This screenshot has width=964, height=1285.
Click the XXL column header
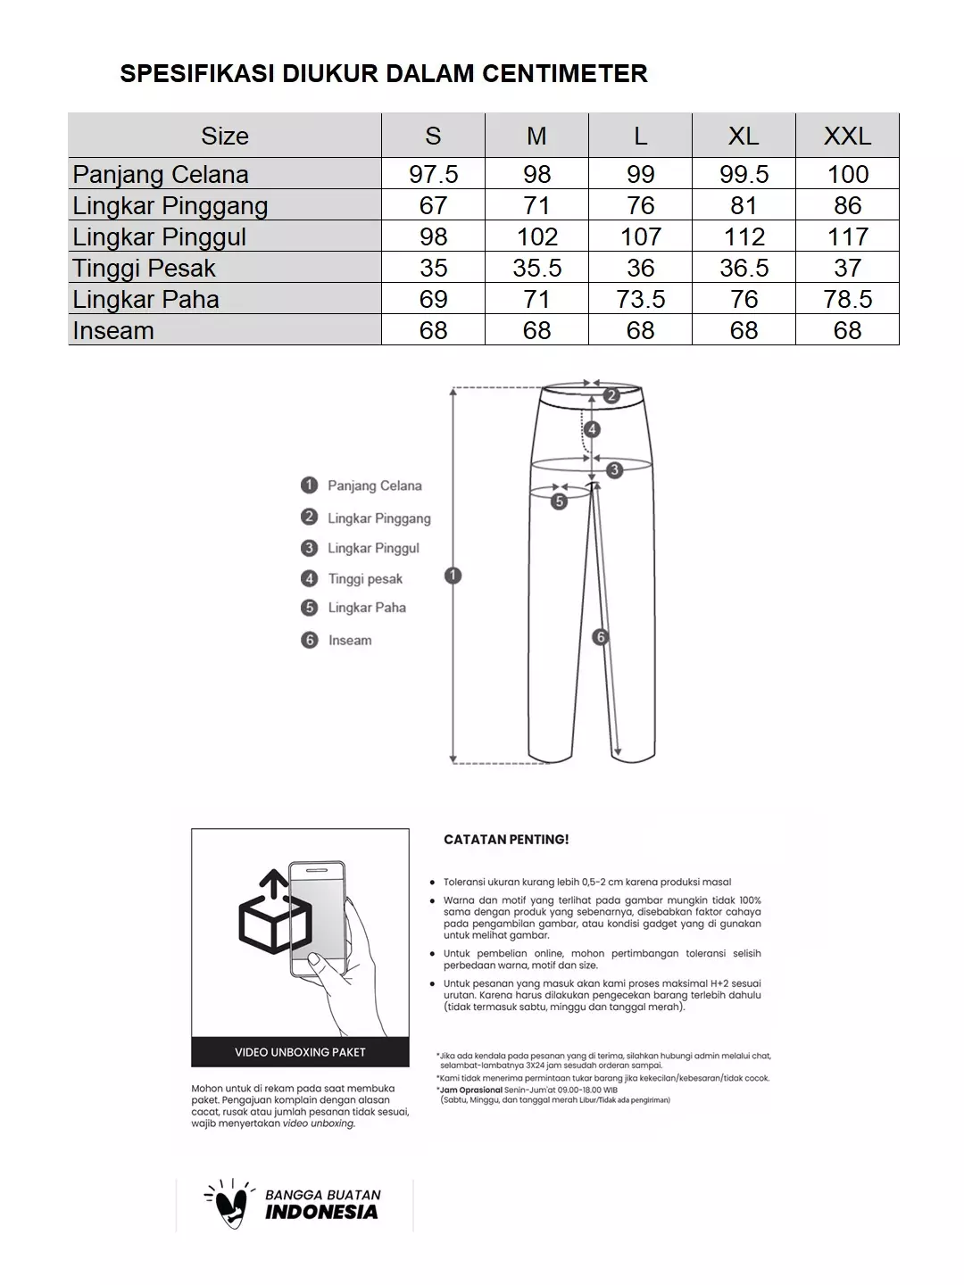(847, 136)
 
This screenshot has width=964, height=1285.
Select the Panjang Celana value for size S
(433, 174)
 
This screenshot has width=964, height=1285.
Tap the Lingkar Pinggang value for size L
(640, 205)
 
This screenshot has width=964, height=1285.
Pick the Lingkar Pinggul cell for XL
(744, 236)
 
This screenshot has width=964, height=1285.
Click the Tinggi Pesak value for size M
(536, 268)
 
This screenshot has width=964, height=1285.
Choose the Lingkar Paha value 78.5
(847, 299)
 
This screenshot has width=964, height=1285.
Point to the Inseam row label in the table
(113, 330)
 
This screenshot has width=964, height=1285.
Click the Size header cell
(225, 136)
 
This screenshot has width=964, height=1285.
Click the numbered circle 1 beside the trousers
(453, 576)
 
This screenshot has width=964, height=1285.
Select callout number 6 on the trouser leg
(600, 637)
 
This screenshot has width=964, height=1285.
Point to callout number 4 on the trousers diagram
(592, 429)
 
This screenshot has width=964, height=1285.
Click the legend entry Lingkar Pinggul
(372, 548)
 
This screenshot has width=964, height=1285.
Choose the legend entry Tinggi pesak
(365, 578)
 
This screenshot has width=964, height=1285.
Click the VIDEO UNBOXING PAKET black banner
(300, 1052)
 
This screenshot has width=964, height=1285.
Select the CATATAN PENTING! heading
(506, 840)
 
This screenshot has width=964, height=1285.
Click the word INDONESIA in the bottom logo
(321, 1212)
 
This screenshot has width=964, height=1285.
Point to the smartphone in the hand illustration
(317, 919)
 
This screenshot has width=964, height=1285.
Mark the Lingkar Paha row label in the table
(145, 299)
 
